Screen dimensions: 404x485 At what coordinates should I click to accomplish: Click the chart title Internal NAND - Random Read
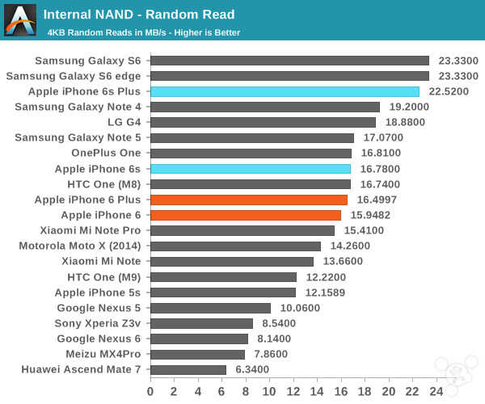[x=139, y=14]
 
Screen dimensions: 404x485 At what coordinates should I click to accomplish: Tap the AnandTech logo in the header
[x=20, y=19]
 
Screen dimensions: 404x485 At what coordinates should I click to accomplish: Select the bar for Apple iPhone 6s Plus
[x=285, y=91]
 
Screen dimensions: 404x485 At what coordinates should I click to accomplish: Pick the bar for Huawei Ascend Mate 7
[x=188, y=369]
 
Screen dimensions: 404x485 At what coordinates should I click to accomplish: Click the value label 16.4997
[x=378, y=200]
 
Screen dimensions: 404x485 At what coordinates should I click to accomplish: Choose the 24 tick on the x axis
[x=437, y=391]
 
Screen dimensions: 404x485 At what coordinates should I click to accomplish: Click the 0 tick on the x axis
[x=150, y=391]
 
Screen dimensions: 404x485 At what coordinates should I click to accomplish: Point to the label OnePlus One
[x=106, y=153]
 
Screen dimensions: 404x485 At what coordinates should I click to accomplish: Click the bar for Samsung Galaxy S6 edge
[x=289, y=76]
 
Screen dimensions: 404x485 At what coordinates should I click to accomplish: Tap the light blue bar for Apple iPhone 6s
[x=251, y=169]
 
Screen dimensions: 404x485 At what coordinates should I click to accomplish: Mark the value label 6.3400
[x=251, y=369]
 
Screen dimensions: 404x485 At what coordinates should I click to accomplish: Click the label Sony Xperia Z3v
[x=98, y=323]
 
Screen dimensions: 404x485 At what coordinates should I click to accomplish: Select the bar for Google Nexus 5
[x=210, y=308]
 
